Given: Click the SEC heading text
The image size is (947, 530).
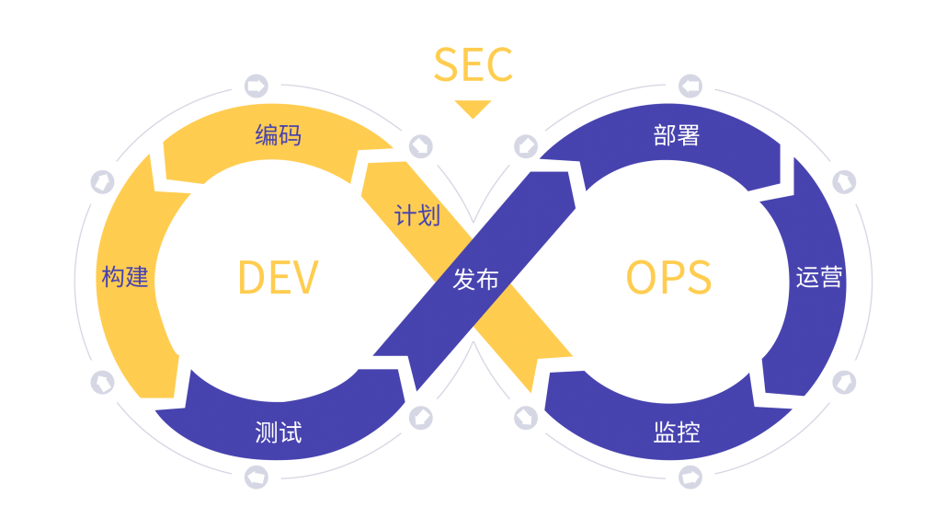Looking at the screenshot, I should tap(473, 65).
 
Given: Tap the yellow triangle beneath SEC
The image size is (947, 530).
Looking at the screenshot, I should tap(473, 109).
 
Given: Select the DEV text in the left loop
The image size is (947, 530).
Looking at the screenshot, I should tap(278, 278).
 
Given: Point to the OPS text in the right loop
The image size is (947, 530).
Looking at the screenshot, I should tap(668, 278).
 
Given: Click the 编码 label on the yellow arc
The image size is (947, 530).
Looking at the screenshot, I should tap(278, 136).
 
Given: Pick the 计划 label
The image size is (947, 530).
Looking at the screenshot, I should tap(416, 216).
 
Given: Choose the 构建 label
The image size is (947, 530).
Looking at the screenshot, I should tap(125, 276).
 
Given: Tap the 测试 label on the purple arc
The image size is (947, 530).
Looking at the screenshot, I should tap(278, 432).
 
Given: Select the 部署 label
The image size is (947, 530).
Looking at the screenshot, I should tap(677, 136).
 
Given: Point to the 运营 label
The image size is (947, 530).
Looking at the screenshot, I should tap(818, 277).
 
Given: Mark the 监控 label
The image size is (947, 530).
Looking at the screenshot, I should tap(677, 432).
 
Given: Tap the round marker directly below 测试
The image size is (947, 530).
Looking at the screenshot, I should tap(257, 477).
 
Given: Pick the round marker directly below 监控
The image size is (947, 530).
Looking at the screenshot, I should tap(690, 477).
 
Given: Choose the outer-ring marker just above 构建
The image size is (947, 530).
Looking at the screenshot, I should tap(102, 181).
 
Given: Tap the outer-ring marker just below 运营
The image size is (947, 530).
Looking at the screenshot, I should tap(844, 381).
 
